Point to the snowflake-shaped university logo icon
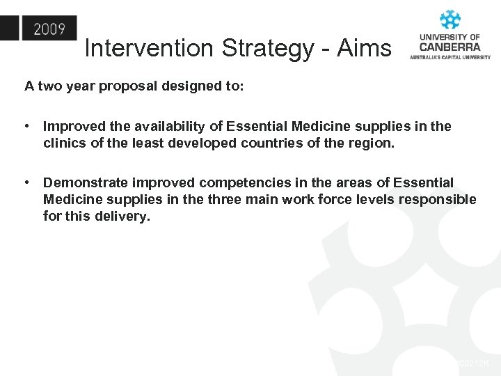450,19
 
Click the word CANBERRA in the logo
450,47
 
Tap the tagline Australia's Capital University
450,57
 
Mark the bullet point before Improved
26,127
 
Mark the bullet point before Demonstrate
26,183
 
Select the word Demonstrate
85,183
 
